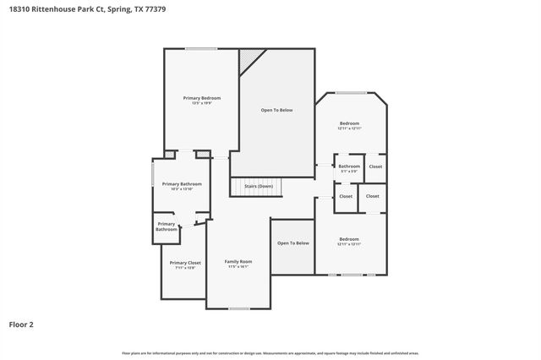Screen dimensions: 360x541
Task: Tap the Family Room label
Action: tap(238, 261)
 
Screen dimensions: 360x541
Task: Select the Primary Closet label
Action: tap(184, 263)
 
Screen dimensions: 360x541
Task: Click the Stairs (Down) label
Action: tap(258, 186)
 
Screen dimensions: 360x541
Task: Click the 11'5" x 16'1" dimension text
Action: tap(238, 267)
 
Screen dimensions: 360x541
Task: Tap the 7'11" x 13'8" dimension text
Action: tap(184, 268)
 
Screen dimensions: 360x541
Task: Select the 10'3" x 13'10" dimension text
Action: tap(182, 189)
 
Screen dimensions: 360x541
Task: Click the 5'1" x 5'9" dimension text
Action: tap(349, 172)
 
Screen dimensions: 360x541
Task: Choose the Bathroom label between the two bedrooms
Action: tap(349, 166)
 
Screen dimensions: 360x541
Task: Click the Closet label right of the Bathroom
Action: tap(375, 166)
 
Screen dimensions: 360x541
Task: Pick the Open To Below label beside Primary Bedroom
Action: tap(276, 110)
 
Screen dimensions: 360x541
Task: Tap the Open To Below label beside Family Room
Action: tap(293, 243)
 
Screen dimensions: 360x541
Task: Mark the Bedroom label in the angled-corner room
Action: tap(349, 123)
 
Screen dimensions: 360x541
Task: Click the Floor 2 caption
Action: tap(21, 324)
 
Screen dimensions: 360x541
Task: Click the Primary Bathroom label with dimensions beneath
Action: tap(182, 183)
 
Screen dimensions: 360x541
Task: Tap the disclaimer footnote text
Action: tap(270, 352)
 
